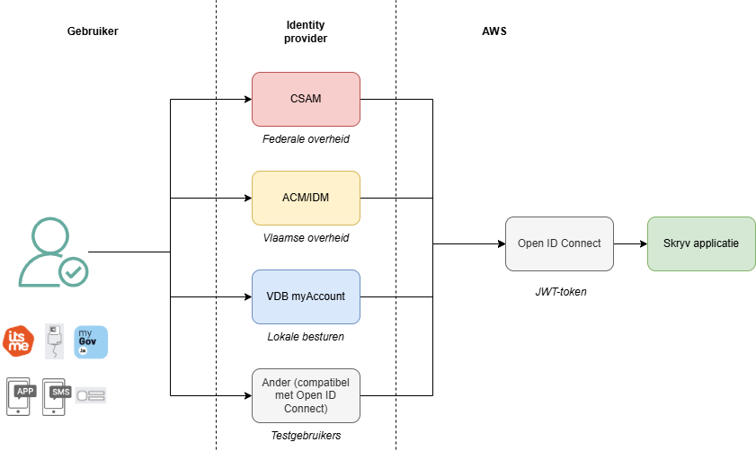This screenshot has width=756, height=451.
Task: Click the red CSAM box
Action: pyautogui.click(x=306, y=99)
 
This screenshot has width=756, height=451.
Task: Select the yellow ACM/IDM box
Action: pyautogui.click(x=306, y=198)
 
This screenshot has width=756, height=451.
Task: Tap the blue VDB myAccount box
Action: pyautogui.click(x=306, y=296)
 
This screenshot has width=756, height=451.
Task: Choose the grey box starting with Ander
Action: pyautogui.click(x=306, y=395)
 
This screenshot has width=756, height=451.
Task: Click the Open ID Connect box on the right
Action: pyautogui.click(x=559, y=243)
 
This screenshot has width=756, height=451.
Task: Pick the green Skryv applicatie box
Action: pyautogui.click(x=701, y=243)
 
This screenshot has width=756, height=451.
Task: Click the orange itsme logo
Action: pyautogui.click(x=18, y=341)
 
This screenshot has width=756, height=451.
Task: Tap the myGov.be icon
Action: pyautogui.click(x=91, y=341)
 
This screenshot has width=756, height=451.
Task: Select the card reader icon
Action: pyautogui.click(x=55, y=341)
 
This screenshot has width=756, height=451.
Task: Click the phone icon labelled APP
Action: pyautogui.click(x=24, y=394)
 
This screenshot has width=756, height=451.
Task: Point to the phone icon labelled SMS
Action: pyautogui.click(x=57, y=394)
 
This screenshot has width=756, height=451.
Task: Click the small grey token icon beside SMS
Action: pyautogui.click(x=91, y=394)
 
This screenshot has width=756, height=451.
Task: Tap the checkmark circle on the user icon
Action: pyautogui.click(x=73, y=270)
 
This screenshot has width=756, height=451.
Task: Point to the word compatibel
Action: pyautogui.click(x=323, y=383)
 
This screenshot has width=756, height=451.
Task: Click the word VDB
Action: pyautogui.click(x=277, y=296)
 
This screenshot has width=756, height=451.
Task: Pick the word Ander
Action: pyautogui.click(x=277, y=383)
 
